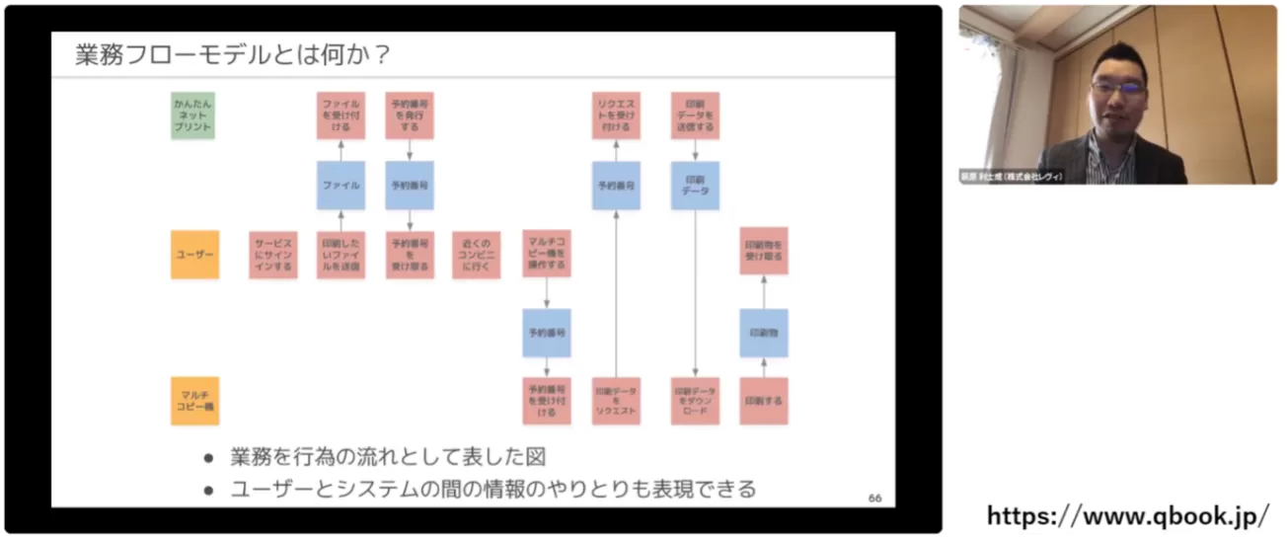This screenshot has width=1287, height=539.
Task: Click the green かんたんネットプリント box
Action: [x=192, y=115]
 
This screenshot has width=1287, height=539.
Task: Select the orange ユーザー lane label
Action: [x=194, y=255]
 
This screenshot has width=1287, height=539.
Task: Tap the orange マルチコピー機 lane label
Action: [x=194, y=400]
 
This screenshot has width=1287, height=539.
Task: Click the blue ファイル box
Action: [x=341, y=185]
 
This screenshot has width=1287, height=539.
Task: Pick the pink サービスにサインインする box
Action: [x=273, y=255]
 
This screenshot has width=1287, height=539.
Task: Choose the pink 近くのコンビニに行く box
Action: [x=476, y=255]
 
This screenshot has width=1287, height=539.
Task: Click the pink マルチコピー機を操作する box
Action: [x=546, y=254]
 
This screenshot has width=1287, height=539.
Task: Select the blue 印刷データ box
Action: [x=695, y=185]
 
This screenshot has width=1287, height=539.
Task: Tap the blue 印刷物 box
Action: [x=764, y=333]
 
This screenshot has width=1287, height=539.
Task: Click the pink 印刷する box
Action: [x=764, y=401]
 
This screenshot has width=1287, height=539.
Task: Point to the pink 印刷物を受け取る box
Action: [x=764, y=250]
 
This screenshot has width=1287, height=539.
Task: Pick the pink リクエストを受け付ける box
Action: [x=616, y=115]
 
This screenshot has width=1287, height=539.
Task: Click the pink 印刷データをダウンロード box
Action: [x=695, y=401]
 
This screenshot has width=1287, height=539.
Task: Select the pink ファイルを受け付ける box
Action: [x=341, y=115]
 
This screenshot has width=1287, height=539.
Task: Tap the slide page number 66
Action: [x=874, y=498]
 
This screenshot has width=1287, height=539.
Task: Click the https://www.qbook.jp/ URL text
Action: [x=1127, y=515]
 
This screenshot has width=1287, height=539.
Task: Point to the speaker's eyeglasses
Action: [x=1119, y=88]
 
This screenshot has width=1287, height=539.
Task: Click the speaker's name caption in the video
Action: [x=1011, y=177]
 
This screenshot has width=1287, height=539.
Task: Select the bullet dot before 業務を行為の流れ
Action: [x=208, y=458]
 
